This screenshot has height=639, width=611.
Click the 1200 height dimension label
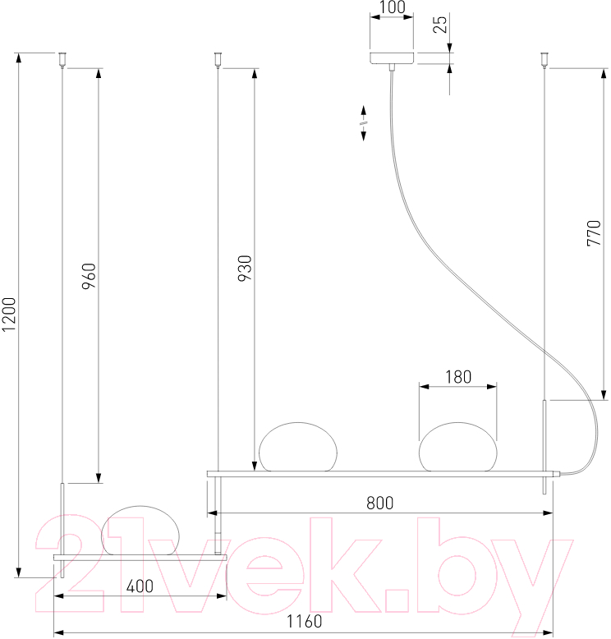[x=8, y=314]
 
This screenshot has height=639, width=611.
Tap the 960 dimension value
[x=89, y=276]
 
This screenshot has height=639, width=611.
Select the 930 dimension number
[x=245, y=268]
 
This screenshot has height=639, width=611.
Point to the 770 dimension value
[x=594, y=233]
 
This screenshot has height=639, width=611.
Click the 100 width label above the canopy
[x=392, y=7]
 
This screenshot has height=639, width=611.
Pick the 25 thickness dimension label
[x=440, y=25]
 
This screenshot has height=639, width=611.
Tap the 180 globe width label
[x=458, y=377]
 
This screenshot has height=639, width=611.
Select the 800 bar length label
[x=380, y=503]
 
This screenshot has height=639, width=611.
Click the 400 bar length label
[x=140, y=586]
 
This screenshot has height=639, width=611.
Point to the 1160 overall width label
[x=304, y=622]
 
